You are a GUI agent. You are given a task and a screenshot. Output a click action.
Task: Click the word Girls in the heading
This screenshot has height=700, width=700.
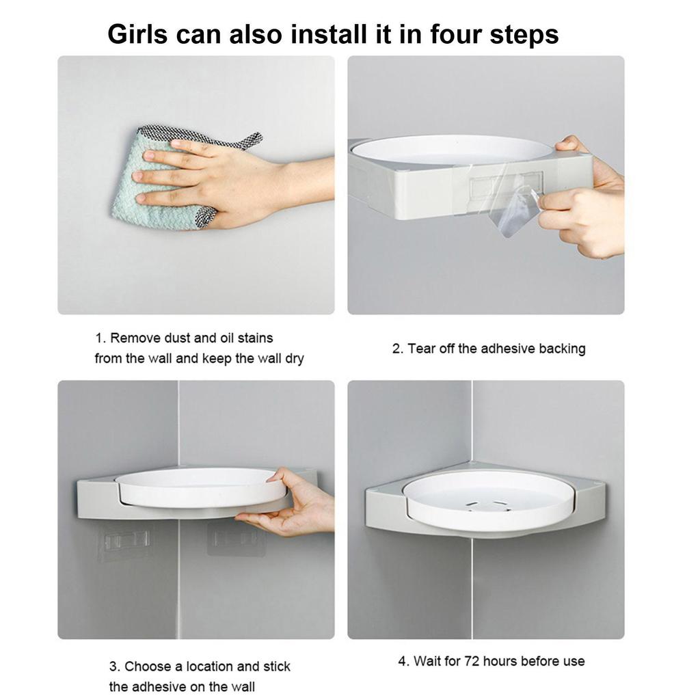coord(137,34)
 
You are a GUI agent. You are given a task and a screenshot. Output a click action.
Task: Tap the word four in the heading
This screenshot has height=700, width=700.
coord(455,34)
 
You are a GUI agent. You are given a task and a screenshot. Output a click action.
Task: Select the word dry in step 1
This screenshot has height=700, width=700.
coord(295,358)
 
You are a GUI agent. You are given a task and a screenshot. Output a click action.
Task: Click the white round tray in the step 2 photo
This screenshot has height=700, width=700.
coord(453,150)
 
